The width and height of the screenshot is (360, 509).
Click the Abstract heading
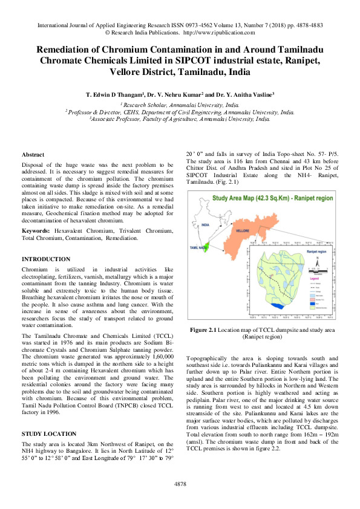click(33, 155)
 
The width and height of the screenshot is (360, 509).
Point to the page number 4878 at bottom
click(180, 484)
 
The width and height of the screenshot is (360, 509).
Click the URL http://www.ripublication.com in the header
click(218, 34)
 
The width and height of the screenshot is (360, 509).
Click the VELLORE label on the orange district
click(242, 231)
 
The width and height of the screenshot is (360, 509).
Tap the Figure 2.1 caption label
click(203, 330)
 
